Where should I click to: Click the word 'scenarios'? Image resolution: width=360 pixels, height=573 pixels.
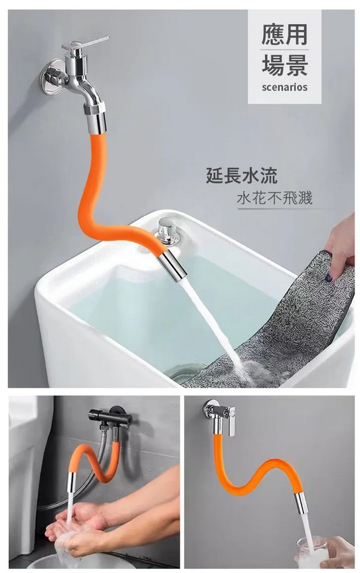[285, 88]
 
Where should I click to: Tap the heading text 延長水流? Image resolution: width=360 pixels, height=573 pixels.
[242, 175]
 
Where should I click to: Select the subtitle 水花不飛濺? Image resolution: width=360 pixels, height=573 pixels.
[275, 198]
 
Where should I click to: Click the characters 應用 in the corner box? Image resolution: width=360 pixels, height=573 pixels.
[285, 35]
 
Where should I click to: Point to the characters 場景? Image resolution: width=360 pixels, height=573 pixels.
[285, 65]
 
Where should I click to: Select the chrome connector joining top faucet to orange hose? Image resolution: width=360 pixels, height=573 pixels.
[96, 118]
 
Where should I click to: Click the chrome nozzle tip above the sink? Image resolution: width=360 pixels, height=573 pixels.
[172, 264]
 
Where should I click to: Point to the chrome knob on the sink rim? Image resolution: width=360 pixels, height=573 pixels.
[168, 231]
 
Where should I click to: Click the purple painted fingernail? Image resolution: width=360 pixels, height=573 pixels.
[329, 277]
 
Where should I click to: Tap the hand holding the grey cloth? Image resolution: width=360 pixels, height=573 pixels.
[340, 245]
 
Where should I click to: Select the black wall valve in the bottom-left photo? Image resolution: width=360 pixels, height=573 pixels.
[110, 417]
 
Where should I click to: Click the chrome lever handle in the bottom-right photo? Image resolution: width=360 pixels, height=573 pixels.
[230, 422]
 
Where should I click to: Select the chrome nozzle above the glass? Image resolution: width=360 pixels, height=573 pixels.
[301, 503]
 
